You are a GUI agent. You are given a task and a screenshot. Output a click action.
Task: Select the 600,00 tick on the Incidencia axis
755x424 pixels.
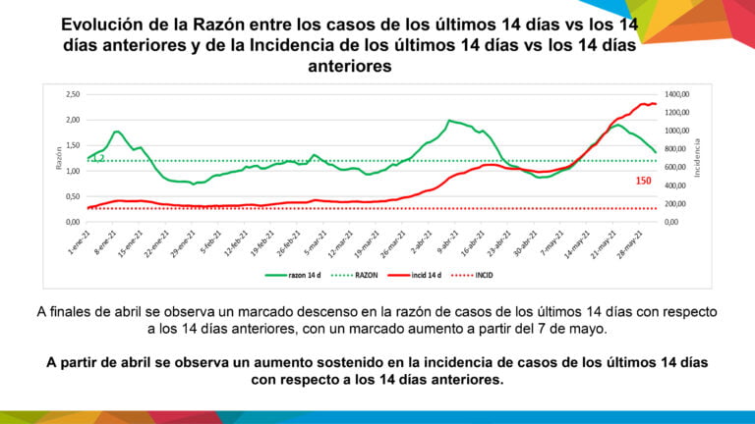[x=677, y=167]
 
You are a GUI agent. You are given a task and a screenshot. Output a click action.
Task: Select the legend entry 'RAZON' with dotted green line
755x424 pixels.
[x=360, y=277]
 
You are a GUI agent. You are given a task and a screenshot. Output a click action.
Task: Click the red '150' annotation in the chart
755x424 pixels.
[x=644, y=181]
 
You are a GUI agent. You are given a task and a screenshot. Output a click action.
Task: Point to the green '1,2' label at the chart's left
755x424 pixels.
[x=98, y=157]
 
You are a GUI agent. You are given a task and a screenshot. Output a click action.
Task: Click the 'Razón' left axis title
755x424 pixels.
[x=58, y=157]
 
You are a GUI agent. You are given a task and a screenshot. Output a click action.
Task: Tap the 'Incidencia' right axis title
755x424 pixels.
[x=698, y=157]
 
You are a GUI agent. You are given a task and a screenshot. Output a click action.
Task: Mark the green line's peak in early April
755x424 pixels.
[x=449, y=121]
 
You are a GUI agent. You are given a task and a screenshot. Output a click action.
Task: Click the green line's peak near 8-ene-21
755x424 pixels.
[x=117, y=131]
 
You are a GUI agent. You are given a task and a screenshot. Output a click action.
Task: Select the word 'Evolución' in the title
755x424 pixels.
[x=105, y=26]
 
